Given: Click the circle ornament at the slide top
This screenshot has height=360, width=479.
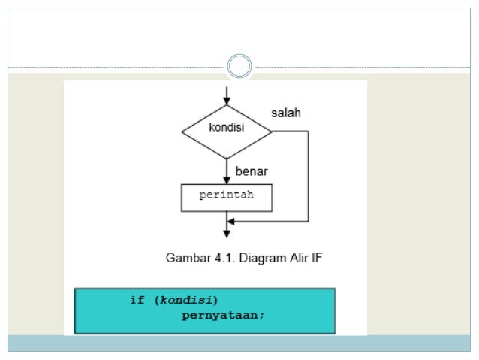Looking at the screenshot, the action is tap(239, 67).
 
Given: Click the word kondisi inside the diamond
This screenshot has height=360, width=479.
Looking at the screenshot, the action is tap(226, 127).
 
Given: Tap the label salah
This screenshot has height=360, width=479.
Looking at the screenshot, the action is tap(286, 113).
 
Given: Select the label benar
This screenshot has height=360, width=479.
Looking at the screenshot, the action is tap(252, 171).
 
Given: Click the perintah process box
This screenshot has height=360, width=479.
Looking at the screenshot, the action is tap(227, 196).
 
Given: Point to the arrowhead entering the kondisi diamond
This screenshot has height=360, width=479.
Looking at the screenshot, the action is tap(227, 100).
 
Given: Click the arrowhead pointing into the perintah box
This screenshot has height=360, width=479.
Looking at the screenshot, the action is tap(227, 180).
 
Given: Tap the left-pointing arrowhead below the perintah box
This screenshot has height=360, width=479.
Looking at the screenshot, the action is tap(231, 222).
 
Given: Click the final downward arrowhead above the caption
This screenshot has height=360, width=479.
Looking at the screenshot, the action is tap(227, 234).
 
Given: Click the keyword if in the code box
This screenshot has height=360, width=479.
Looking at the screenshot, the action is tap(137, 300).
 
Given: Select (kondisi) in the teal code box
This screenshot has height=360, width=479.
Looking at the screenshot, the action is tap(184, 300).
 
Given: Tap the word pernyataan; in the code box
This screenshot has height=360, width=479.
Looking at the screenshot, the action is tap(223, 315).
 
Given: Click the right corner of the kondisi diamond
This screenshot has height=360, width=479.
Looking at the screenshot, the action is tap(272, 132).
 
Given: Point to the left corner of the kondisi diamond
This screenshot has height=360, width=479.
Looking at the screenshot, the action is tap(182, 132).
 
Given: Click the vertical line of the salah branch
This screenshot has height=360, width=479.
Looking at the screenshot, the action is tap(308, 177).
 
